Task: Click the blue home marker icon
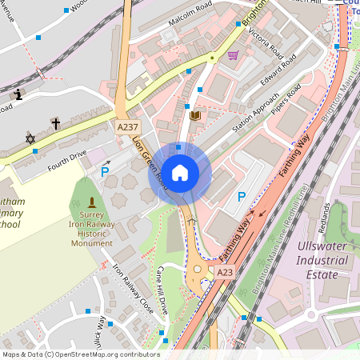pos(180,173)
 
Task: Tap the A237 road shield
pos(127,128)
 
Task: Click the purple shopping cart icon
pos(233,55)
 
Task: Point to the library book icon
pos(194,116)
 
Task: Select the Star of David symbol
pos(31,139)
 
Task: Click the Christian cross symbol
pos(55,123)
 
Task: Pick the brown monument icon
pos(92,201)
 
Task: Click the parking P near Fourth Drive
pos(105,170)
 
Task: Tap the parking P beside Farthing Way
pos(241,196)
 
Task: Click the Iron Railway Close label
pos(132,287)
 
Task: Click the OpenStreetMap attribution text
pos(81,354)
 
